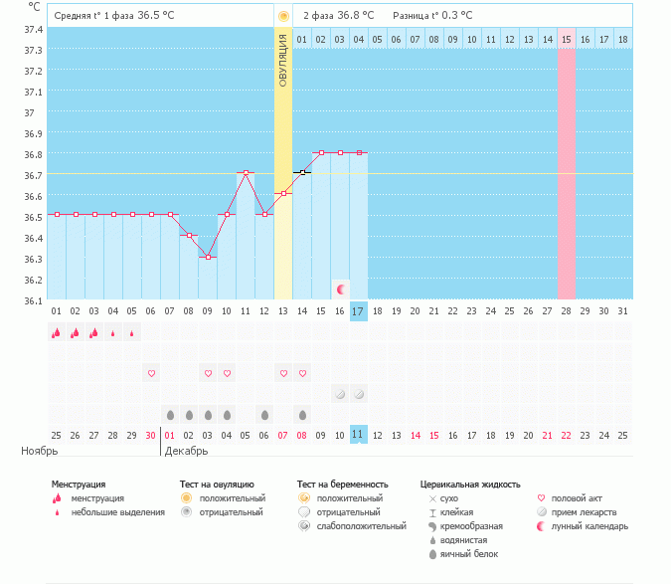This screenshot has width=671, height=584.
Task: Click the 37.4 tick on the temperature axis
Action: [33, 30]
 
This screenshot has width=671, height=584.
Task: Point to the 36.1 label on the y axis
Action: [33, 300]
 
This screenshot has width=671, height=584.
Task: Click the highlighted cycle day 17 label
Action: [359, 311]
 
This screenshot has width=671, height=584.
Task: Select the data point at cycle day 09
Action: [208, 258]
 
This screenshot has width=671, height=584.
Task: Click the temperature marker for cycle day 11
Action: [246, 173]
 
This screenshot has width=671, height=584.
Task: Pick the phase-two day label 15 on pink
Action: [567, 39]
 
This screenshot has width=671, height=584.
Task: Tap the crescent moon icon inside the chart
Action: [341, 289]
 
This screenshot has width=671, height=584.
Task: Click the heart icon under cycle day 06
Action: [151, 373]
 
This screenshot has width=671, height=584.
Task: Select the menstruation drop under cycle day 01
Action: [56, 333]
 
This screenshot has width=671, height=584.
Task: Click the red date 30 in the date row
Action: [150, 435]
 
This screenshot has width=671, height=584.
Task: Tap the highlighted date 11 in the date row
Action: [359, 435]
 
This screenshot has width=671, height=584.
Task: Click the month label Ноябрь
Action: [40, 451]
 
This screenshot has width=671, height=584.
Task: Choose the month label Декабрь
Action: [187, 451]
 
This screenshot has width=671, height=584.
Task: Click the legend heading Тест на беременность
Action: [342, 485]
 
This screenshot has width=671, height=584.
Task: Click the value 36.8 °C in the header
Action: [355, 16]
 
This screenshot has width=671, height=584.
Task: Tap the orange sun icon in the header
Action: [283, 16]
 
